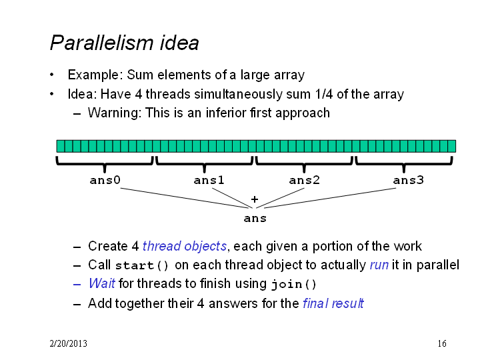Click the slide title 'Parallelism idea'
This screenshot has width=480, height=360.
click(x=124, y=43)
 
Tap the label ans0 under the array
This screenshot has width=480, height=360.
click(x=105, y=180)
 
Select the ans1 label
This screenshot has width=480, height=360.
click(x=209, y=180)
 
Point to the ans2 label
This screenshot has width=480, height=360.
click(x=304, y=180)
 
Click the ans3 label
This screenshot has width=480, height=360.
click(x=409, y=180)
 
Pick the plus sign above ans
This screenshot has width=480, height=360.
click(x=255, y=199)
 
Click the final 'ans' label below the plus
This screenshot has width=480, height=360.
click(x=255, y=219)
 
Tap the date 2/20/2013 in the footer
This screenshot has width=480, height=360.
click(x=68, y=343)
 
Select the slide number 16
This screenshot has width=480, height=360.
click(x=442, y=343)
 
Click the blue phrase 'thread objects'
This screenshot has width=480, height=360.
click(x=185, y=246)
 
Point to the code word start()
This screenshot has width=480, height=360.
click(x=142, y=265)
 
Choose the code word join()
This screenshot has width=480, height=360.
click(x=293, y=285)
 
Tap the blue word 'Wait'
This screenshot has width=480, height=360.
click(x=102, y=283)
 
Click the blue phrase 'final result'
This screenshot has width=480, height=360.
click(x=333, y=303)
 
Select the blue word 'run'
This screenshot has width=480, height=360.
click(x=379, y=265)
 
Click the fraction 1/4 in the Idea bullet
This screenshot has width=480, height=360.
click(x=323, y=94)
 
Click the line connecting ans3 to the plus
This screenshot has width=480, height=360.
click(x=330, y=198)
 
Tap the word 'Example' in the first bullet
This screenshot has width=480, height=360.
click(x=95, y=75)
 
